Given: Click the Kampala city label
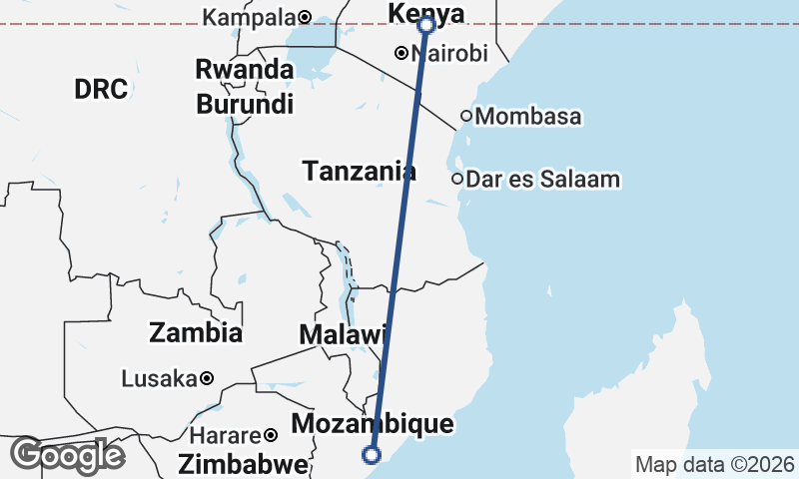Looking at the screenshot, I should coord(249,17).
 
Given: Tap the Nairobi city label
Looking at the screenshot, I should coord(449,54).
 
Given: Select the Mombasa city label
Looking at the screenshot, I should coord(528,117).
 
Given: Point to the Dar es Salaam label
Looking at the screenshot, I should coord(543,180).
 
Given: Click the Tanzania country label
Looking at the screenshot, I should coord(359,172).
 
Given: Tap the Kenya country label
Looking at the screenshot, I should coord(424,14).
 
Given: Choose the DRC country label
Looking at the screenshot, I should coord(101,89).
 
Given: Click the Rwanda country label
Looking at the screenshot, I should coord(245,70).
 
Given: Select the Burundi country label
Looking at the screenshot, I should coord(245,103).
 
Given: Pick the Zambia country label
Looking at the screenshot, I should coord(195,332).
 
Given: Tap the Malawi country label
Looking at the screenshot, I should coord(343,335).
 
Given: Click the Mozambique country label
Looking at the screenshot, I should coord(373,424).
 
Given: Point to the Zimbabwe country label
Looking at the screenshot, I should coord(243,464).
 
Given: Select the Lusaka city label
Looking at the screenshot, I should coord(159,379).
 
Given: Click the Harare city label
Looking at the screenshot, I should coord(221,436).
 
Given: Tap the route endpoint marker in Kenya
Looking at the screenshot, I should coord(426,24).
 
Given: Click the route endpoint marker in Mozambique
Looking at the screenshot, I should coord(372,455).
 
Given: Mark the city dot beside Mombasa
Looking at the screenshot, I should coord(465,116).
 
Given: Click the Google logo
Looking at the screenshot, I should coord(67,455).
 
